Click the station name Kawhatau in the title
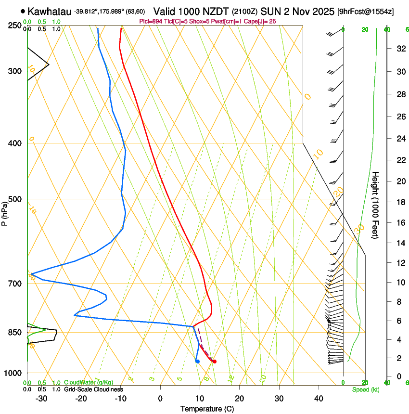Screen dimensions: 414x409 pyautogui.click(x=49, y=12)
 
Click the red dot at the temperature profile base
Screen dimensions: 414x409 pyautogui.click(x=214, y=362)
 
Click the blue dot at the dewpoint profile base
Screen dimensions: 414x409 pyautogui.click(x=197, y=361)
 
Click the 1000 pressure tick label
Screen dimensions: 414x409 pyautogui.click(x=12, y=373)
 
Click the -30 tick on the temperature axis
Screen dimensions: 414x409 pyautogui.click(x=41, y=399)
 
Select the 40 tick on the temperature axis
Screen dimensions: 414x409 pyautogui.click(x=319, y=399)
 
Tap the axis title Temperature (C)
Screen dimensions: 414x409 pyautogui.click(x=207, y=409)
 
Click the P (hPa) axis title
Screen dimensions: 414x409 pyautogui.click(x=5, y=212)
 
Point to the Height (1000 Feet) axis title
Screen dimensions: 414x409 pyautogui.click(x=376, y=205)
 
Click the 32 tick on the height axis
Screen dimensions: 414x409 pyautogui.click(x=399, y=48)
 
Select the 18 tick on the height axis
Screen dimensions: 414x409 pyautogui.click(x=399, y=202)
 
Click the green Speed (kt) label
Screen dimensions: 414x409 pyautogui.click(x=366, y=389)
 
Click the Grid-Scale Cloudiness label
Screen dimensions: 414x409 pyautogui.click(x=93, y=389)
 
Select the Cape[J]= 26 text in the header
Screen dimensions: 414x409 pyautogui.click(x=260, y=21)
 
